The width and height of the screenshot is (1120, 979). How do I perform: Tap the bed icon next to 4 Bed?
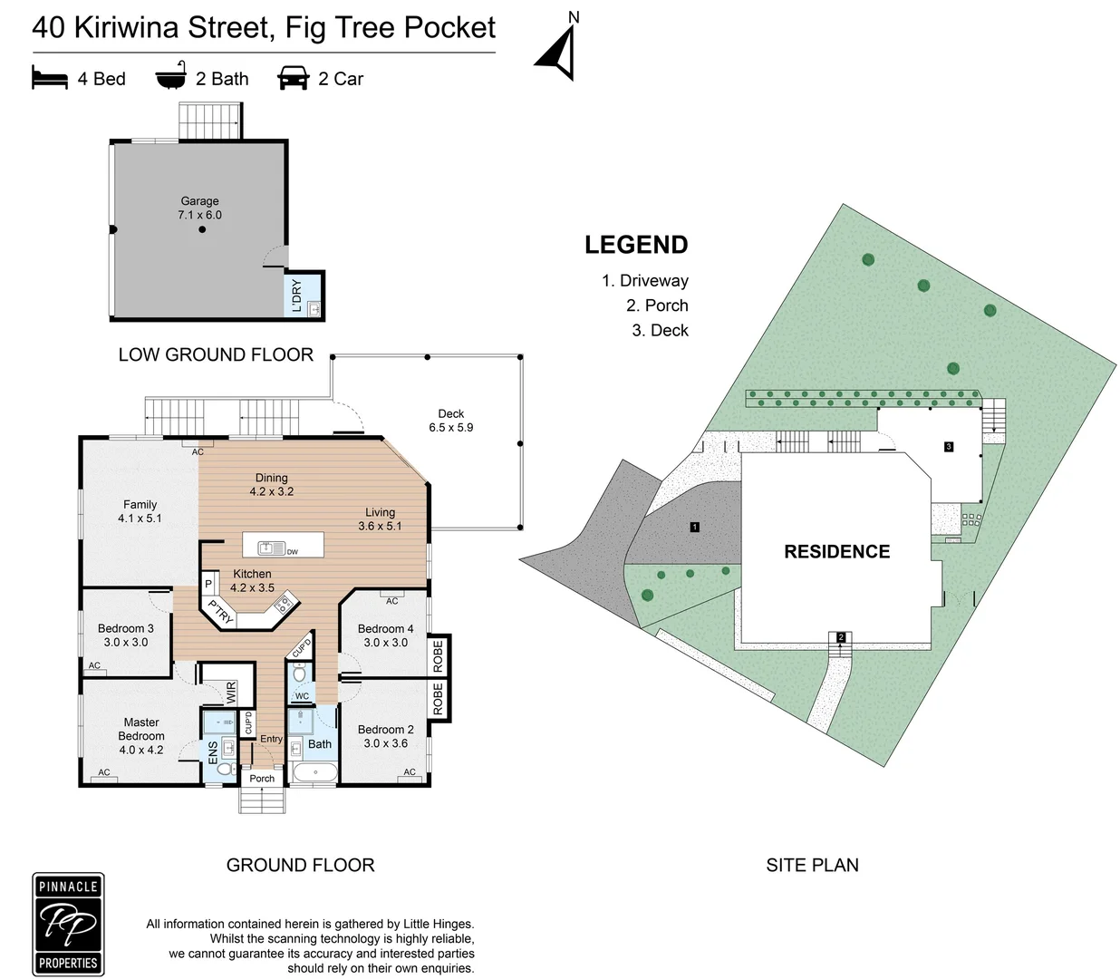click(x=50, y=78)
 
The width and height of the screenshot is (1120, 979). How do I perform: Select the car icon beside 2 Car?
click(x=294, y=78)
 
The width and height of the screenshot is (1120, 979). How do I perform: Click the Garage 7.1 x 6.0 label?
click(x=199, y=208)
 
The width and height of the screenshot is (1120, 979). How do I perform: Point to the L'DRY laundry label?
click(x=297, y=296)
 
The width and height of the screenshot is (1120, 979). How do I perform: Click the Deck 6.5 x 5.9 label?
click(x=451, y=421)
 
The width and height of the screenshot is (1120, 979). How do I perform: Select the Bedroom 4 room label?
click(x=385, y=635)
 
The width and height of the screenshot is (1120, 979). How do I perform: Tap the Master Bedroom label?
click(x=141, y=736)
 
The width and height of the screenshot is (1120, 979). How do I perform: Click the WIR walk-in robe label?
click(x=231, y=692)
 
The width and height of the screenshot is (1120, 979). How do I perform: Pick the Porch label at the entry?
click(x=262, y=779)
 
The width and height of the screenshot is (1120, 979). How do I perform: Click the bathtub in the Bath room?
click(x=315, y=774)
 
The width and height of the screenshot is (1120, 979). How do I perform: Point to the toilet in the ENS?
click(x=224, y=769)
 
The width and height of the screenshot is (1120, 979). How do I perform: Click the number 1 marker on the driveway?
click(x=695, y=527)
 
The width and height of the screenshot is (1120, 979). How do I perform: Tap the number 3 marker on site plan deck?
click(x=949, y=447)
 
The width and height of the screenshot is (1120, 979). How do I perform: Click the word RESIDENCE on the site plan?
click(x=836, y=552)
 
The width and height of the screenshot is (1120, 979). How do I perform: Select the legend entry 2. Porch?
click(x=657, y=305)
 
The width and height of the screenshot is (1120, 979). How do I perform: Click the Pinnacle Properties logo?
click(x=68, y=924)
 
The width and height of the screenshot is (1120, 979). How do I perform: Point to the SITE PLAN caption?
click(x=812, y=865)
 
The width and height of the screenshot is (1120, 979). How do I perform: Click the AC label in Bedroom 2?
click(x=410, y=772)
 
